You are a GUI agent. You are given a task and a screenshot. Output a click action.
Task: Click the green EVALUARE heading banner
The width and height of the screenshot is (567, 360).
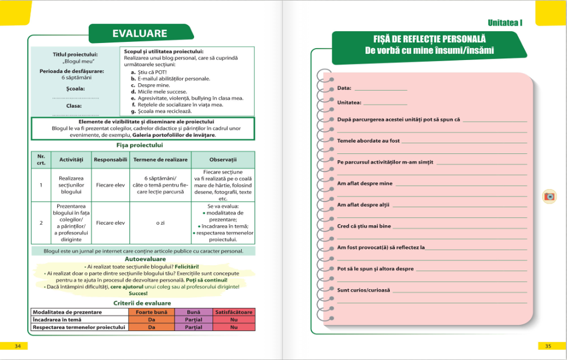click(140, 33)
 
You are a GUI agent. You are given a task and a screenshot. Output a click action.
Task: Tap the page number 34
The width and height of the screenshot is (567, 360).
click(18, 346)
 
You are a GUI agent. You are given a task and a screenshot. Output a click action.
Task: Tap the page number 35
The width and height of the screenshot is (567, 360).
click(547, 346)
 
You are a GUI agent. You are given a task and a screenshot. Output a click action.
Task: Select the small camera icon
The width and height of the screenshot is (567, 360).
click(548, 196)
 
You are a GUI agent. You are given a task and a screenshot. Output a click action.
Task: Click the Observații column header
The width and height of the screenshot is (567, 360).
click(222, 160)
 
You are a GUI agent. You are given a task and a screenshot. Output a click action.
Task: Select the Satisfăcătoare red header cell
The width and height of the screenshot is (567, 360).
click(234, 312)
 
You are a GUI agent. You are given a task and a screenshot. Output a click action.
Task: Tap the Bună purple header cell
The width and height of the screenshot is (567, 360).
click(194, 312)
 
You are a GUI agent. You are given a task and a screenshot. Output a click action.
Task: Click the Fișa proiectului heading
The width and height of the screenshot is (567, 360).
click(143, 145)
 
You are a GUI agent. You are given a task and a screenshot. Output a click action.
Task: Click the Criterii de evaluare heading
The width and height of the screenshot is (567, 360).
click(142, 303)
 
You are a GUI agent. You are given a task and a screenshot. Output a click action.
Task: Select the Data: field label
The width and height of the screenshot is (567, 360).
click(344, 88)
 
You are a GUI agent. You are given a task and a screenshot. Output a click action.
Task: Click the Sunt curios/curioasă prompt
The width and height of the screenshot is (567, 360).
click(363, 290)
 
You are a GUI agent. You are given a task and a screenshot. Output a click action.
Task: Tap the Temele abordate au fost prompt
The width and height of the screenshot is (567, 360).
click(368, 140)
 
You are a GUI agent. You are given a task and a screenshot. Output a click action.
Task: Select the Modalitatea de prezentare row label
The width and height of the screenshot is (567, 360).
click(67, 312)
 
